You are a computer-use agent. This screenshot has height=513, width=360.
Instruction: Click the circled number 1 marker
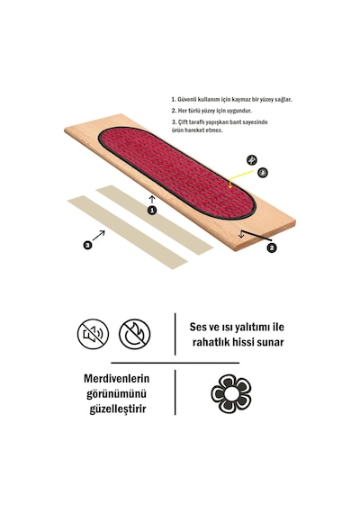[152, 211]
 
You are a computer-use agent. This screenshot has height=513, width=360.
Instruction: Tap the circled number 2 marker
[271, 248]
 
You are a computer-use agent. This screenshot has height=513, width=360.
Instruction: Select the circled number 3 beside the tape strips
[87, 245]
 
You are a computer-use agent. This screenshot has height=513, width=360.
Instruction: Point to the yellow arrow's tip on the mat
[230, 188]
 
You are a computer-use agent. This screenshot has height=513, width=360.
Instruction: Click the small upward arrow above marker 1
[152, 199]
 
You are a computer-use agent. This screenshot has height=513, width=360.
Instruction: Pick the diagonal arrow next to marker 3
[98, 236]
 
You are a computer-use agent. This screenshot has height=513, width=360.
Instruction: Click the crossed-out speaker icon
[93, 334]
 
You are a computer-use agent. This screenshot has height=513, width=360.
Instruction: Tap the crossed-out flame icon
[134, 334]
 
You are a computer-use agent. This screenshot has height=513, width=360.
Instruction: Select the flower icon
[231, 393]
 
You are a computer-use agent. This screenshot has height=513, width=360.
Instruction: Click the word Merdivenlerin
[116, 379]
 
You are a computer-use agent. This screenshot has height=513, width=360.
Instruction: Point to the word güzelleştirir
[118, 409]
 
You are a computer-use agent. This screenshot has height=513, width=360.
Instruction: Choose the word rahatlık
[210, 342]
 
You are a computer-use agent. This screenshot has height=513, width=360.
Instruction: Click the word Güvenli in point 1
[186, 100]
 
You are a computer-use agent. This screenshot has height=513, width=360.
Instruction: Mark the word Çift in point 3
[183, 122]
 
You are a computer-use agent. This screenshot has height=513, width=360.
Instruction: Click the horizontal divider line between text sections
[175, 363]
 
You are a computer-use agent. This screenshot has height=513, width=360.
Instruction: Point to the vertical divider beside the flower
[175, 392]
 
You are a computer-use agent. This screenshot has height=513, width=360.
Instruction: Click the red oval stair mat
[176, 173]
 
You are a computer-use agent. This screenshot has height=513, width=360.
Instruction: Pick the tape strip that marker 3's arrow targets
[127, 232]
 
